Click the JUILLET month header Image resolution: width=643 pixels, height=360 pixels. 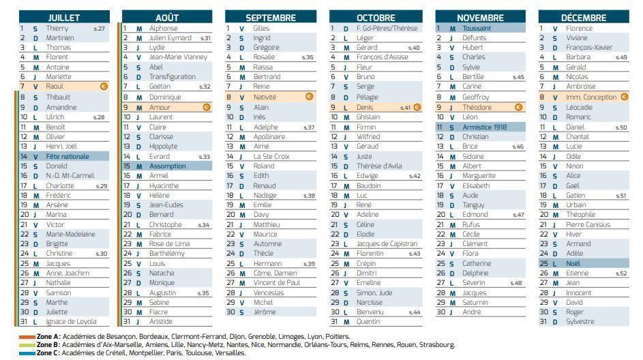point(64,17)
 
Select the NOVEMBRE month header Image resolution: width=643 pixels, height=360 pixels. point(480,17)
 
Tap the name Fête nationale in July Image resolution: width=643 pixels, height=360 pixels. point(68,156)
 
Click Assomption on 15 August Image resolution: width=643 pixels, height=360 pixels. point(167,166)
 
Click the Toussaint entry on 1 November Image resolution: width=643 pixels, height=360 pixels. point(477,29)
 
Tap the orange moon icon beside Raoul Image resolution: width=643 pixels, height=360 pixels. point(104,87)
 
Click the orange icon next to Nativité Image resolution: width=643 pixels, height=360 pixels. point(308,97)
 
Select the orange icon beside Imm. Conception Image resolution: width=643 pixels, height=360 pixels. point(623,97)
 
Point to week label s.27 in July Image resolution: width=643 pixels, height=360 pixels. point(99,29)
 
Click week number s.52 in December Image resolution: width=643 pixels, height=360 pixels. point(620,273)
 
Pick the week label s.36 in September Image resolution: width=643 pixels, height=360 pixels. point(308,57)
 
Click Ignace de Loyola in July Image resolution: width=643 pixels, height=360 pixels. point(71,322)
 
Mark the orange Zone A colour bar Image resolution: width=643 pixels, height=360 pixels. point(27,337)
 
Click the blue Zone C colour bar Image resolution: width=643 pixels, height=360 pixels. point(27,353)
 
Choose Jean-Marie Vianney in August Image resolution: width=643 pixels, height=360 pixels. point(178,57)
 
